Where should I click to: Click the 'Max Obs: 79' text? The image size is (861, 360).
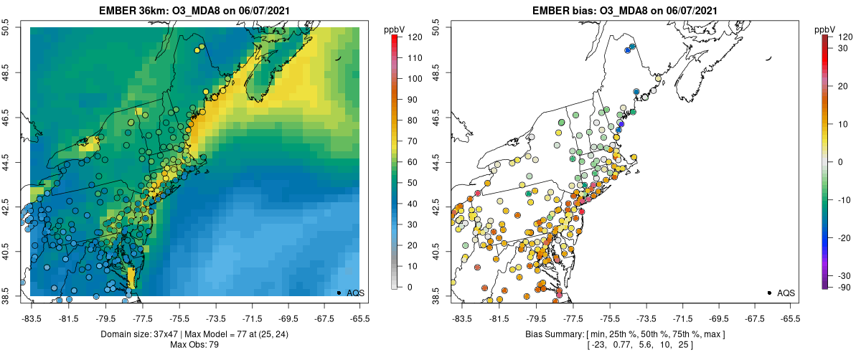click(x=194, y=345)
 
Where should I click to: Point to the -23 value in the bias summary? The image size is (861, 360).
click(x=598, y=345)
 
